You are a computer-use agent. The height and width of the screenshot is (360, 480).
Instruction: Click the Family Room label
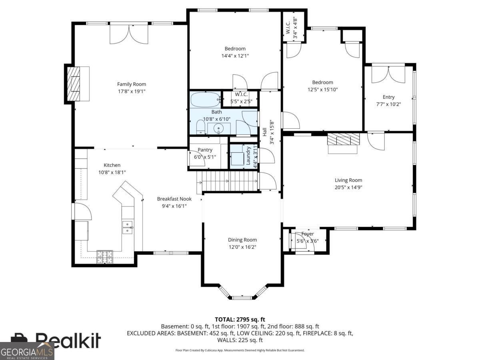pyautogui.click(x=132, y=84)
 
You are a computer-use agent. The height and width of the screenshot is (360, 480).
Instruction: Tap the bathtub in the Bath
pyautogui.click(x=206, y=100)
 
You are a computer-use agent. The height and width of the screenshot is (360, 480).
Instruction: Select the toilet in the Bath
pyautogui.click(x=200, y=127)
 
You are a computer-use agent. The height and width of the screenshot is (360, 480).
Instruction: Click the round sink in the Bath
pyautogui.click(x=219, y=128)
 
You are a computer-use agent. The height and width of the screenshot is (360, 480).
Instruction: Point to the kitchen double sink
pyautogui.click(x=128, y=227)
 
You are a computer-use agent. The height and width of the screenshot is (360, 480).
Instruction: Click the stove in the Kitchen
pyautogui.click(x=105, y=257)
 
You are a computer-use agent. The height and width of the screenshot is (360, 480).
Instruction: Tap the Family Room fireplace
pyautogui.click(x=74, y=84)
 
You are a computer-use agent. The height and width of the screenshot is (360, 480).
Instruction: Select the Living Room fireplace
pyautogui.click(x=343, y=139)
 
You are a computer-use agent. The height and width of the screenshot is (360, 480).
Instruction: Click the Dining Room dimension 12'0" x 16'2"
pyautogui.click(x=242, y=247)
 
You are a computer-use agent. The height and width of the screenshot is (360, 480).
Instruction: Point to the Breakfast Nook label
pyautogui.click(x=174, y=199)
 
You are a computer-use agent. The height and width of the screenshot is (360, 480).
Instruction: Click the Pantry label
pyautogui.click(x=205, y=150)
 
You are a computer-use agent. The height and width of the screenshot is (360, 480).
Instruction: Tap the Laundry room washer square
pyautogui.click(x=238, y=159)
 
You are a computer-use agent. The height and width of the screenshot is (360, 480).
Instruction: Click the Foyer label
pyautogui.click(x=308, y=234)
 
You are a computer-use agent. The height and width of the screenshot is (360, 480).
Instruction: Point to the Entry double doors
pyautogui.click(x=388, y=74)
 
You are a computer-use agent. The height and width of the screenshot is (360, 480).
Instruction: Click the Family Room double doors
pyautogui.click(x=129, y=34)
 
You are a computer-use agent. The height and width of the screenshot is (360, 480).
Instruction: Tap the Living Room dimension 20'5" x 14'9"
pyautogui.click(x=348, y=187)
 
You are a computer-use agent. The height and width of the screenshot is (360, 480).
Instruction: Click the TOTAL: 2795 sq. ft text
pyautogui.click(x=240, y=319)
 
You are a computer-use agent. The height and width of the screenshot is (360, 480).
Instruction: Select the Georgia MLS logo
pyautogui.click(x=27, y=351)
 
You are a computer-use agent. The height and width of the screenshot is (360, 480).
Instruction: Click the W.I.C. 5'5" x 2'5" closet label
pyautogui.click(x=241, y=98)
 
